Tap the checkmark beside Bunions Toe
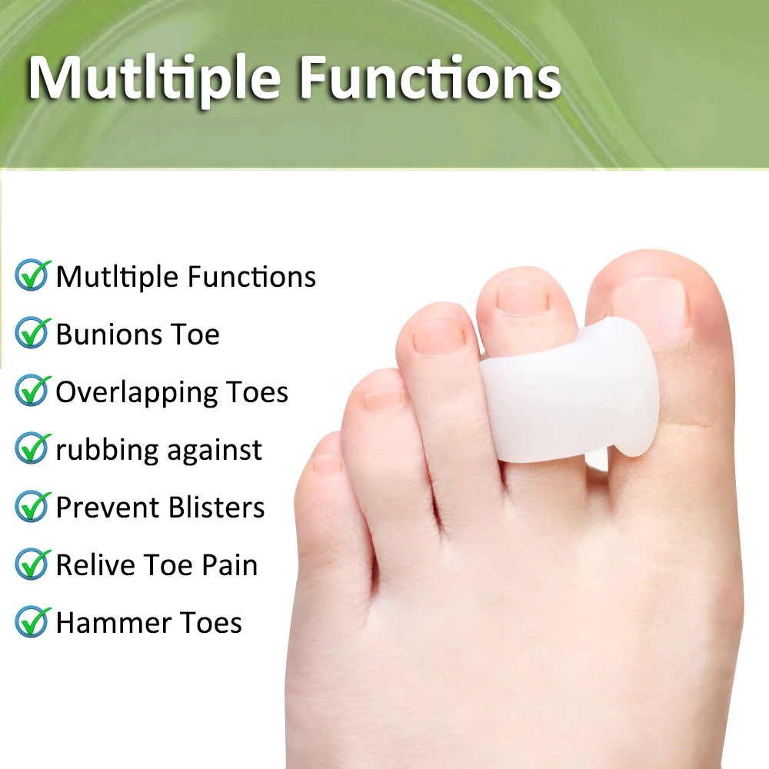click(32, 333)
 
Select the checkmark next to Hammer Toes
click(32, 621)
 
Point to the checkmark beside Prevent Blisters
click(32, 506)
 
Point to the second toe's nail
click(523, 297)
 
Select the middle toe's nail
click(438, 336)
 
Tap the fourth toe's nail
click(383, 398)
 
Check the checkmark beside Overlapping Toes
click(32, 391)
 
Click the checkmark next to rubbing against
click(32, 448)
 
